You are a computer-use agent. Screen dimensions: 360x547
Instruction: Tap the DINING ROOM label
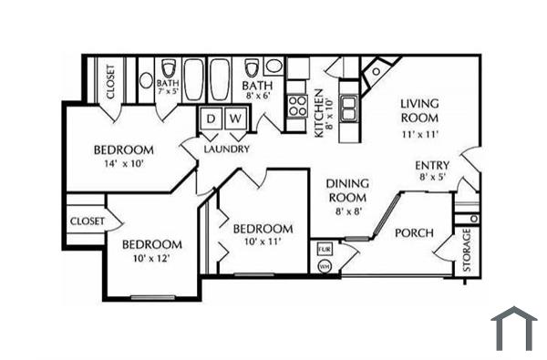(346, 190)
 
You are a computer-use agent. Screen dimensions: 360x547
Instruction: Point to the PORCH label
(414, 233)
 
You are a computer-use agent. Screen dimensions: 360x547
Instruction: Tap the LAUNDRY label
(226, 149)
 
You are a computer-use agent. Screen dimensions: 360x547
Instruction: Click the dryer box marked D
(210, 119)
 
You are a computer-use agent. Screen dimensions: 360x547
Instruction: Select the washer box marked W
(234, 119)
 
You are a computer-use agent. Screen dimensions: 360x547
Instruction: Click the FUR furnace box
(324, 248)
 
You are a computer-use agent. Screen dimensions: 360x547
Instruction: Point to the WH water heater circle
(325, 266)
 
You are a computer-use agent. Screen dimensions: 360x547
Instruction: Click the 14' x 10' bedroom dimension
(124, 164)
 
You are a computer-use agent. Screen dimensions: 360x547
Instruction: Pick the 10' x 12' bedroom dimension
(151, 259)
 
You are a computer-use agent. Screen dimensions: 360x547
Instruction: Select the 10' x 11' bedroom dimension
(263, 242)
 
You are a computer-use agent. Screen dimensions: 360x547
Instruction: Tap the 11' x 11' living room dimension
(419, 133)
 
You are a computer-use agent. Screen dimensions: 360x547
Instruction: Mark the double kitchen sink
(349, 108)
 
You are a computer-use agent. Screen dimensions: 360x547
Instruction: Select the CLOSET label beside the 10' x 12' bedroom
(87, 221)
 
